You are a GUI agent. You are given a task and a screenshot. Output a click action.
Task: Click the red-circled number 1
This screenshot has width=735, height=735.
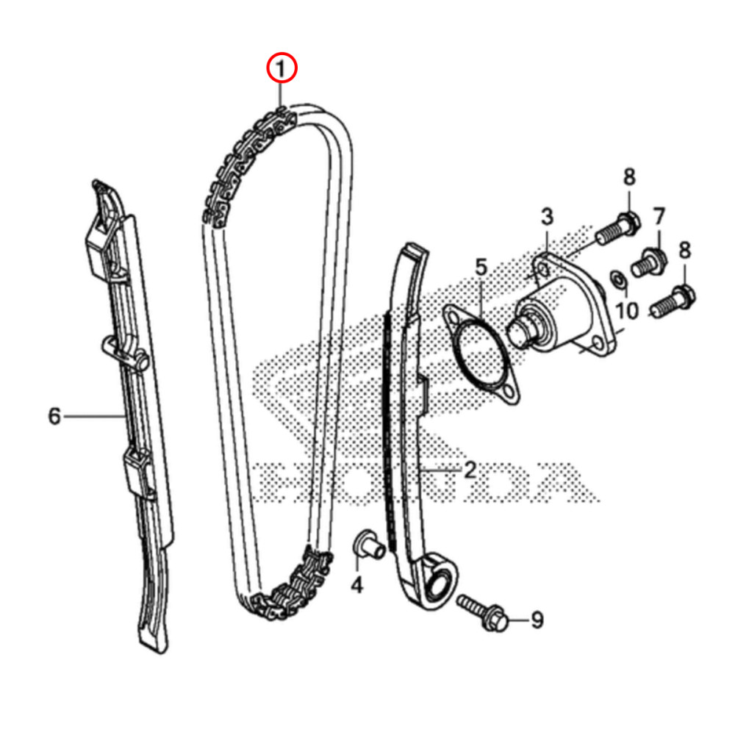coord(281,70)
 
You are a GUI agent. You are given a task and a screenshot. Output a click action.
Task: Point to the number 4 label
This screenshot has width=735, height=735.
coord(356,585)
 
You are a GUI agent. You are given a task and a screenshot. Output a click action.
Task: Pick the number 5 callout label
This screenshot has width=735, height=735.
coord(481,268)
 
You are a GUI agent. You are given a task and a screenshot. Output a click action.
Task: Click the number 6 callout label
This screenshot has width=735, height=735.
coord(54,417)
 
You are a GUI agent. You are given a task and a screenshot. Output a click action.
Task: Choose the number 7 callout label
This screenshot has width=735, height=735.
coord(659,217)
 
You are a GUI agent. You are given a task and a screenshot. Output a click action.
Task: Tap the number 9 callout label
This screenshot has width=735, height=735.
coord(537,621)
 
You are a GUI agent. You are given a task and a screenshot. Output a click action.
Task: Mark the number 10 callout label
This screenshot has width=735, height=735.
coord(627,311)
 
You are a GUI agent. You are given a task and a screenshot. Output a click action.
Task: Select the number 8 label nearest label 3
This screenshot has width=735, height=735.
coord(629,177)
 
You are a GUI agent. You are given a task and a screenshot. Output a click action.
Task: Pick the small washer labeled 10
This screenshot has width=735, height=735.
coord(619,278)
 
